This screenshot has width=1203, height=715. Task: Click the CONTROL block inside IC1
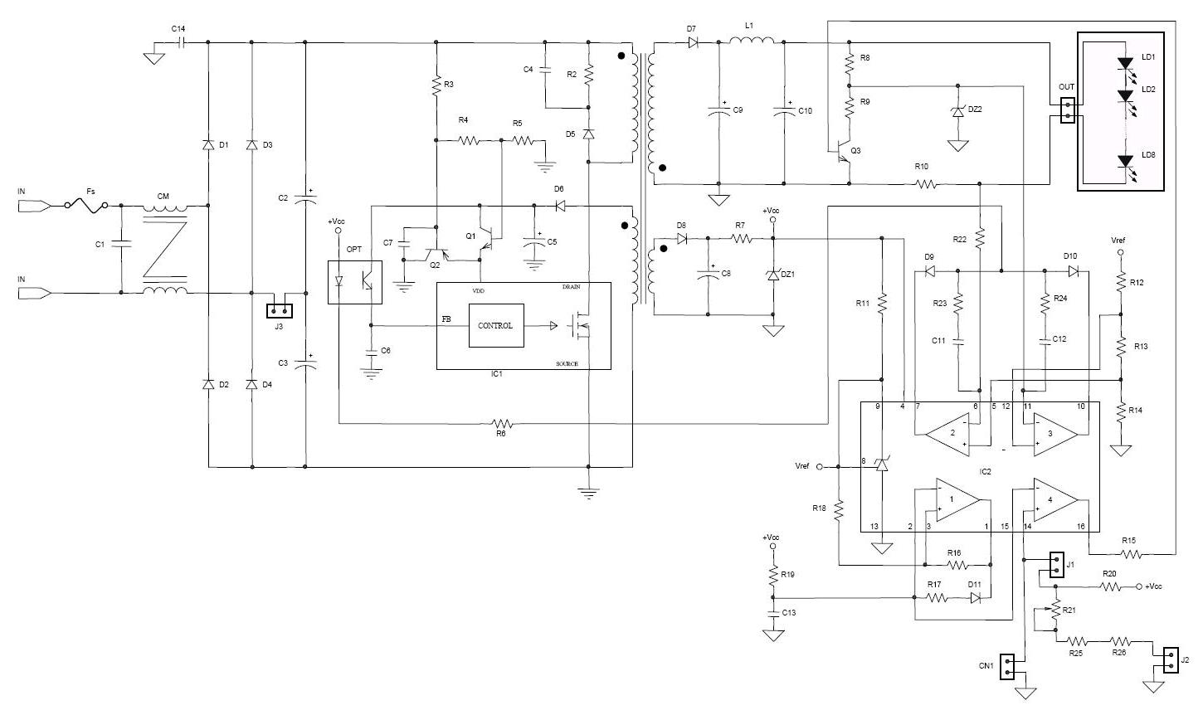point(495,325)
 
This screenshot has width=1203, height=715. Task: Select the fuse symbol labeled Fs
point(85,205)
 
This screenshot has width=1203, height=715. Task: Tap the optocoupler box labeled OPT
point(354,282)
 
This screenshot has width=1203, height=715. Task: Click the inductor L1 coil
point(752,41)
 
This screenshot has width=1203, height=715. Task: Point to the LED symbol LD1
point(1125,63)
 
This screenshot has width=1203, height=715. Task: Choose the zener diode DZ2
point(958,110)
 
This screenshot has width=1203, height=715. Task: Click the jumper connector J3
point(279,311)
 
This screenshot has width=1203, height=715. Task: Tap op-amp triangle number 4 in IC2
point(1054,500)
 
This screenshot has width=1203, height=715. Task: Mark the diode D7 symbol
point(692,41)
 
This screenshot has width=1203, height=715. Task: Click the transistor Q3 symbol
point(845,152)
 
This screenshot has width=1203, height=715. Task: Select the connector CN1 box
point(1008,666)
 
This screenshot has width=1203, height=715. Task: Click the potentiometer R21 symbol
point(1056,611)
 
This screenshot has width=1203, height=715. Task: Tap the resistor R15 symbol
point(1128,554)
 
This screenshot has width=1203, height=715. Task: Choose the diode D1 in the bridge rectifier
point(207,145)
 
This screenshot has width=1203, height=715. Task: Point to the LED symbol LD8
point(1125,162)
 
